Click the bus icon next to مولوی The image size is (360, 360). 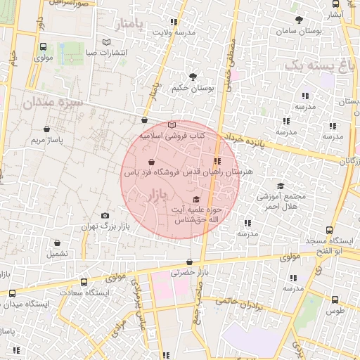click(x=43, y=49)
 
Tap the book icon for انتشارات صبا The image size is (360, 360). click(x=106, y=43)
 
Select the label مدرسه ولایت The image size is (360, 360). click(x=173, y=32)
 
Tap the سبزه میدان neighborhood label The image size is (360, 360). click(x=53, y=103)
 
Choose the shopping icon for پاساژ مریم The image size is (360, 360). click(x=46, y=129)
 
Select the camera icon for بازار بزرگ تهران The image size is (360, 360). click(x=105, y=215)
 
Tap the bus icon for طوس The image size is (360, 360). click(x=335, y=299)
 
